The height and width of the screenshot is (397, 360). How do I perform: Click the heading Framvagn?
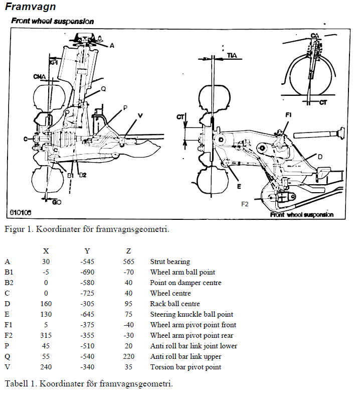pyautogui.click(x=31, y=7)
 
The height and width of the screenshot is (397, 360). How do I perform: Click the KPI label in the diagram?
pyautogui.click(x=53, y=62)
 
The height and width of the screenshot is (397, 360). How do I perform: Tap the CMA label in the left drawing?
pyautogui.click(x=40, y=76)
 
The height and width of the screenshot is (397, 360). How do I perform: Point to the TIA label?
pyautogui.click(x=232, y=55)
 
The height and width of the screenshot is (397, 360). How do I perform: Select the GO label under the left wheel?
pyautogui.click(x=57, y=202)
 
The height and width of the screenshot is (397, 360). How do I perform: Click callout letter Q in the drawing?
pyautogui.click(x=103, y=89)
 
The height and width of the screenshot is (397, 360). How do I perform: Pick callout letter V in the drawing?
pyautogui.click(x=140, y=116)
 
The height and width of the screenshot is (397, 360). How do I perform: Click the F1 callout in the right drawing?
pyautogui.click(x=288, y=115)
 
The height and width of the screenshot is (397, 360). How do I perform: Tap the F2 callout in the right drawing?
pyautogui.click(x=245, y=204)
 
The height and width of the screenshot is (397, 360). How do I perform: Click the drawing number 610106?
pyautogui.click(x=21, y=212)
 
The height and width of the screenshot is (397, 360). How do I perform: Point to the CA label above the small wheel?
pyautogui.click(x=315, y=36)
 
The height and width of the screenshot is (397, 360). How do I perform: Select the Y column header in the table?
pyautogui.click(x=87, y=251)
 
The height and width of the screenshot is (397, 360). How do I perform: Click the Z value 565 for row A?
pyautogui.click(x=128, y=261)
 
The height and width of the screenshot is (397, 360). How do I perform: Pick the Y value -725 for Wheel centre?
pyautogui.click(x=87, y=293)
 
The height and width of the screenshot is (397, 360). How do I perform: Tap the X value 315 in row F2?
pyautogui.click(x=46, y=335)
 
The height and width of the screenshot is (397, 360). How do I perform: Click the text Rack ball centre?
pyautogui.click(x=175, y=304)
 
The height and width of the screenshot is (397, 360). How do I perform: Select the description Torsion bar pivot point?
pyautogui.click(x=186, y=367)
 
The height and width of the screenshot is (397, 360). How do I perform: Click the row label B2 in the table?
pyautogui.click(x=9, y=283)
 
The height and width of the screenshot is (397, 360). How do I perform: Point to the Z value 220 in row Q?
pyautogui.click(x=128, y=356)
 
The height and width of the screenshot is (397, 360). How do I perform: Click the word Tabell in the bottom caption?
pyautogui.click(x=17, y=383)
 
